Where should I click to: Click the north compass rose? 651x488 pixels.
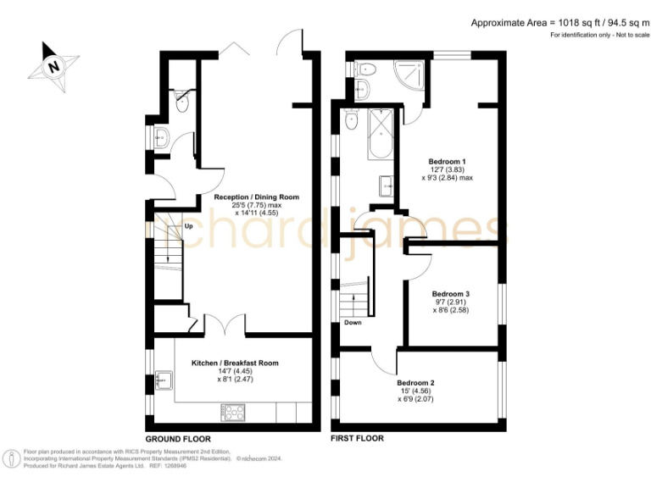pos(53,65)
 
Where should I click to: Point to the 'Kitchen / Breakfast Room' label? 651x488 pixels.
pos(235,363)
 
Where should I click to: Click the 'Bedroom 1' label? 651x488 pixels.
pos(447,161)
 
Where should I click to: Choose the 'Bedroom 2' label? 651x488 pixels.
pos(415,383)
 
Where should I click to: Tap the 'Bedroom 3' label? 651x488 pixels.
pos(451,294)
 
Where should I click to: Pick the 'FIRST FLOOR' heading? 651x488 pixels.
pos(357,439)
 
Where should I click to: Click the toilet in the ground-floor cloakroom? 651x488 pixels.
pos(183,99)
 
